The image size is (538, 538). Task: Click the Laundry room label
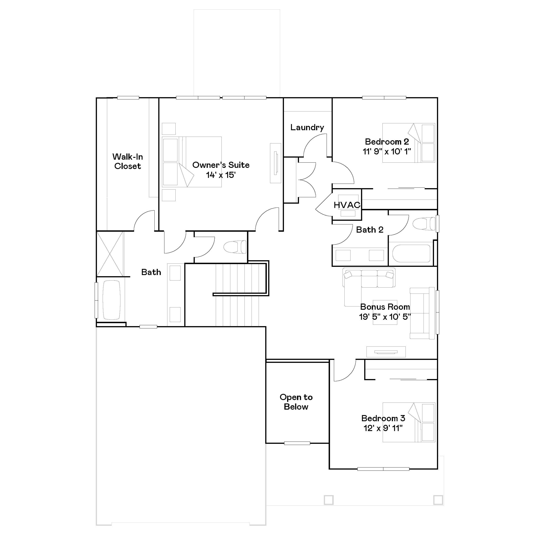307,128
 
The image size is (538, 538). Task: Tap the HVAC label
347,205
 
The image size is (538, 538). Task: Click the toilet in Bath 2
424,224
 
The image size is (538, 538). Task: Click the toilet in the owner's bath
235,247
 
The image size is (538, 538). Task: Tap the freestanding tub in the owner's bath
111,300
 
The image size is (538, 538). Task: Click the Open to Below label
296,402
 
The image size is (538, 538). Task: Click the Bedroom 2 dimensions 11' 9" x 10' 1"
387,152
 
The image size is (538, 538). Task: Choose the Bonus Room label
385,307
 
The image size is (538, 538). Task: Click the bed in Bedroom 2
409,143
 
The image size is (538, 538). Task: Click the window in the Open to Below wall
297,443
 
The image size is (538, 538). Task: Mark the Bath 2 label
370,230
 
